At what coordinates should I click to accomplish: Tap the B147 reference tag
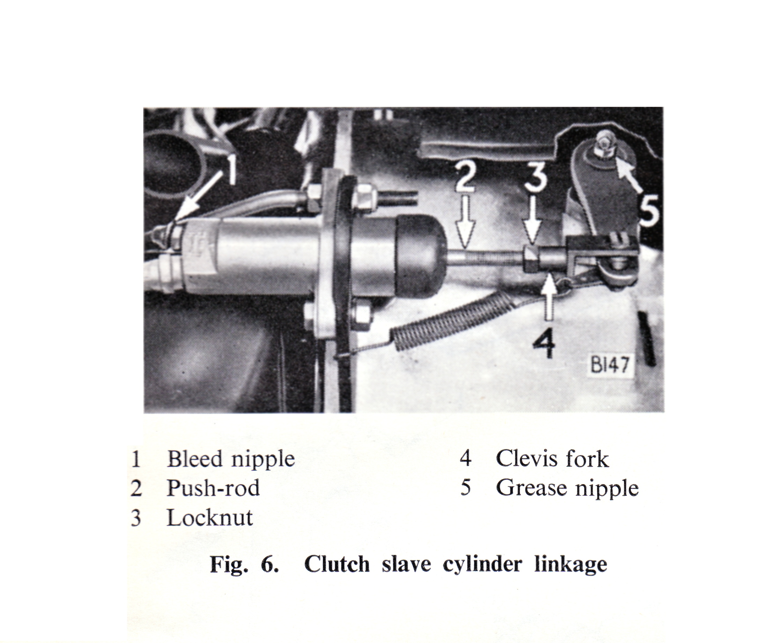click(609, 365)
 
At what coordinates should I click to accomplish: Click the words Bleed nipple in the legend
click(231, 459)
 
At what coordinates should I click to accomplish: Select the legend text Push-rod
click(213, 488)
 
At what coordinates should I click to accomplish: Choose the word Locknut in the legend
click(209, 517)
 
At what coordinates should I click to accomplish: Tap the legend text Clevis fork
click(552, 459)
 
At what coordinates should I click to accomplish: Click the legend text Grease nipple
click(567, 488)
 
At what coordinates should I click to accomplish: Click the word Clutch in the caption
click(336, 564)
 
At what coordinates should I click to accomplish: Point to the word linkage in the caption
click(570, 564)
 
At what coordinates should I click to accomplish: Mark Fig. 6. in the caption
click(244, 564)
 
